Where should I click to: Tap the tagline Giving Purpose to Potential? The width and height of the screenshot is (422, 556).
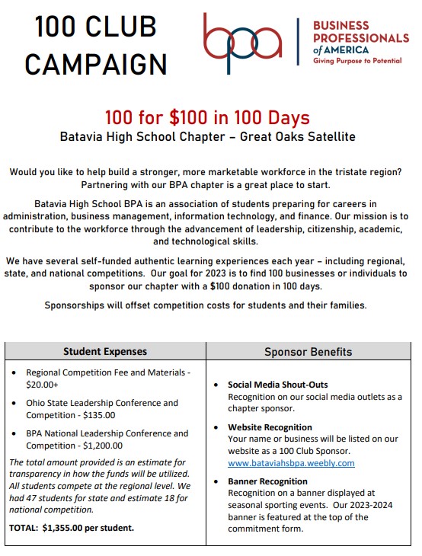(357, 61)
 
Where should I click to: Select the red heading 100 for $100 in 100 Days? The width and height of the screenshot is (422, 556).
(207, 119)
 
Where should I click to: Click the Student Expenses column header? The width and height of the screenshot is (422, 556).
(105, 352)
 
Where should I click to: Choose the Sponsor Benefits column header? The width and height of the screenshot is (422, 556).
(308, 352)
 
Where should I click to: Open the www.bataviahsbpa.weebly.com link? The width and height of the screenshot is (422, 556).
(291, 463)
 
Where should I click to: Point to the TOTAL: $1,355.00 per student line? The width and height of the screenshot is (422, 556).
(72, 527)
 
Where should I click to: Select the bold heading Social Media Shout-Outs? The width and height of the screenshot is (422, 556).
(278, 385)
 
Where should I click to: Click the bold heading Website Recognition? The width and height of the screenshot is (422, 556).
(270, 427)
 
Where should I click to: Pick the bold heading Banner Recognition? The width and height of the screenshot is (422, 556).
(267, 481)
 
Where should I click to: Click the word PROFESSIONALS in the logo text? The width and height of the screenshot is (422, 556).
(361, 37)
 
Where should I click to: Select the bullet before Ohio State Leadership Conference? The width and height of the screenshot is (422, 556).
(17, 404)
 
